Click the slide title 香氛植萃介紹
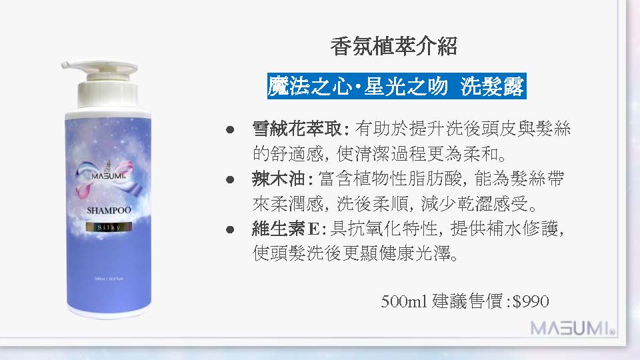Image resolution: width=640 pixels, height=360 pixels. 393,47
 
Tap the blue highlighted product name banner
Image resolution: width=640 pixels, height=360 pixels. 397,87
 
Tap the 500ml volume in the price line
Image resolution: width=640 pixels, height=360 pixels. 403,302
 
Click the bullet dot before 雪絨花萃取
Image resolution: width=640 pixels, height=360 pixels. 231,129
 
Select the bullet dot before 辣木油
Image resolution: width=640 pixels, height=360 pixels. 231,179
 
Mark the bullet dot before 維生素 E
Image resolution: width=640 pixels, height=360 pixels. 231,229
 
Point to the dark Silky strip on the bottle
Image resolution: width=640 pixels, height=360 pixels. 108,227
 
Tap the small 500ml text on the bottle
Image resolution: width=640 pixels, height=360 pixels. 99,277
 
